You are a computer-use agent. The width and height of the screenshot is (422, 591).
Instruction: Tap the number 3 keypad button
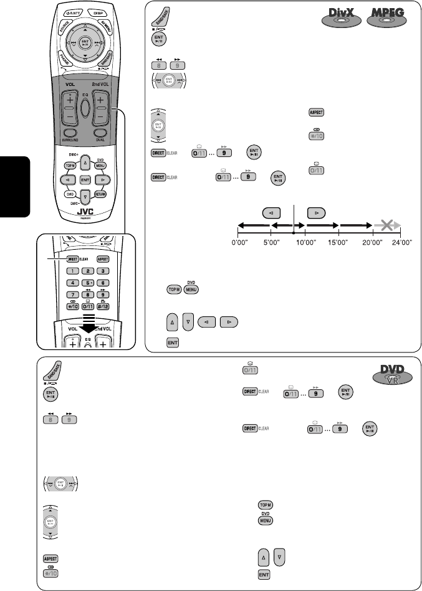pos(103,271)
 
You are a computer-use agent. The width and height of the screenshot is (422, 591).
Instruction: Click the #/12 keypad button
pos(103,307)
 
